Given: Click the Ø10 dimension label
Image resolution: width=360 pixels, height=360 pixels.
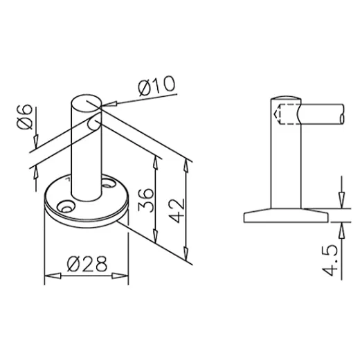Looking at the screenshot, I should (156, 89).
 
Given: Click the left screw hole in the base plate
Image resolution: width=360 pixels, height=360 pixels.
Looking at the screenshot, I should (66, 206).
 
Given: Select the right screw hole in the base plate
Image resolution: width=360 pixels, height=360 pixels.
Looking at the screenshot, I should (109, 185).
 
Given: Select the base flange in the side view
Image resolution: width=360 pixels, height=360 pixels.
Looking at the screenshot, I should (285, 214).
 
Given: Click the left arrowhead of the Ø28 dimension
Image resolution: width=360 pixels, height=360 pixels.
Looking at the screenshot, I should (49, 278).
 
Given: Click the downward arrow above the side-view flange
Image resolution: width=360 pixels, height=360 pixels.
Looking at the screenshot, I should (339, 200).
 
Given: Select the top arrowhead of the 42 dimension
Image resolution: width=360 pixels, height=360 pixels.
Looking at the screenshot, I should (186, 164).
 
